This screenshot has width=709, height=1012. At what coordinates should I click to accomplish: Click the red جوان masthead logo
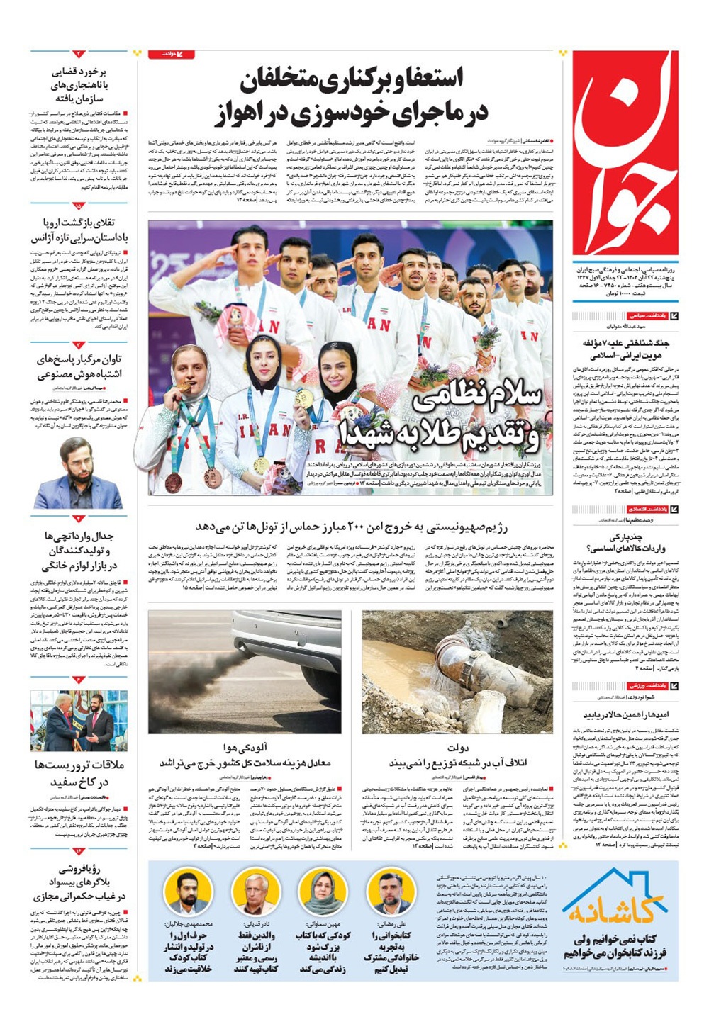click(625, 152)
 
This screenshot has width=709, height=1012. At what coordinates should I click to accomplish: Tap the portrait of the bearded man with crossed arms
click(78, 473)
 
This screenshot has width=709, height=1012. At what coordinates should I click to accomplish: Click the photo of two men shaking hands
click(79, 720)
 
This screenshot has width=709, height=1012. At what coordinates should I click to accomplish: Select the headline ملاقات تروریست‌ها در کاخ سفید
click(79, 773)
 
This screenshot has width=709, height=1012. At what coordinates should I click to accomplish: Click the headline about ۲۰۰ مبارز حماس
click(352, 526)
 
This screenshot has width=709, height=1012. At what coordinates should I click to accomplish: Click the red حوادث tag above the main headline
click(171, 54)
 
